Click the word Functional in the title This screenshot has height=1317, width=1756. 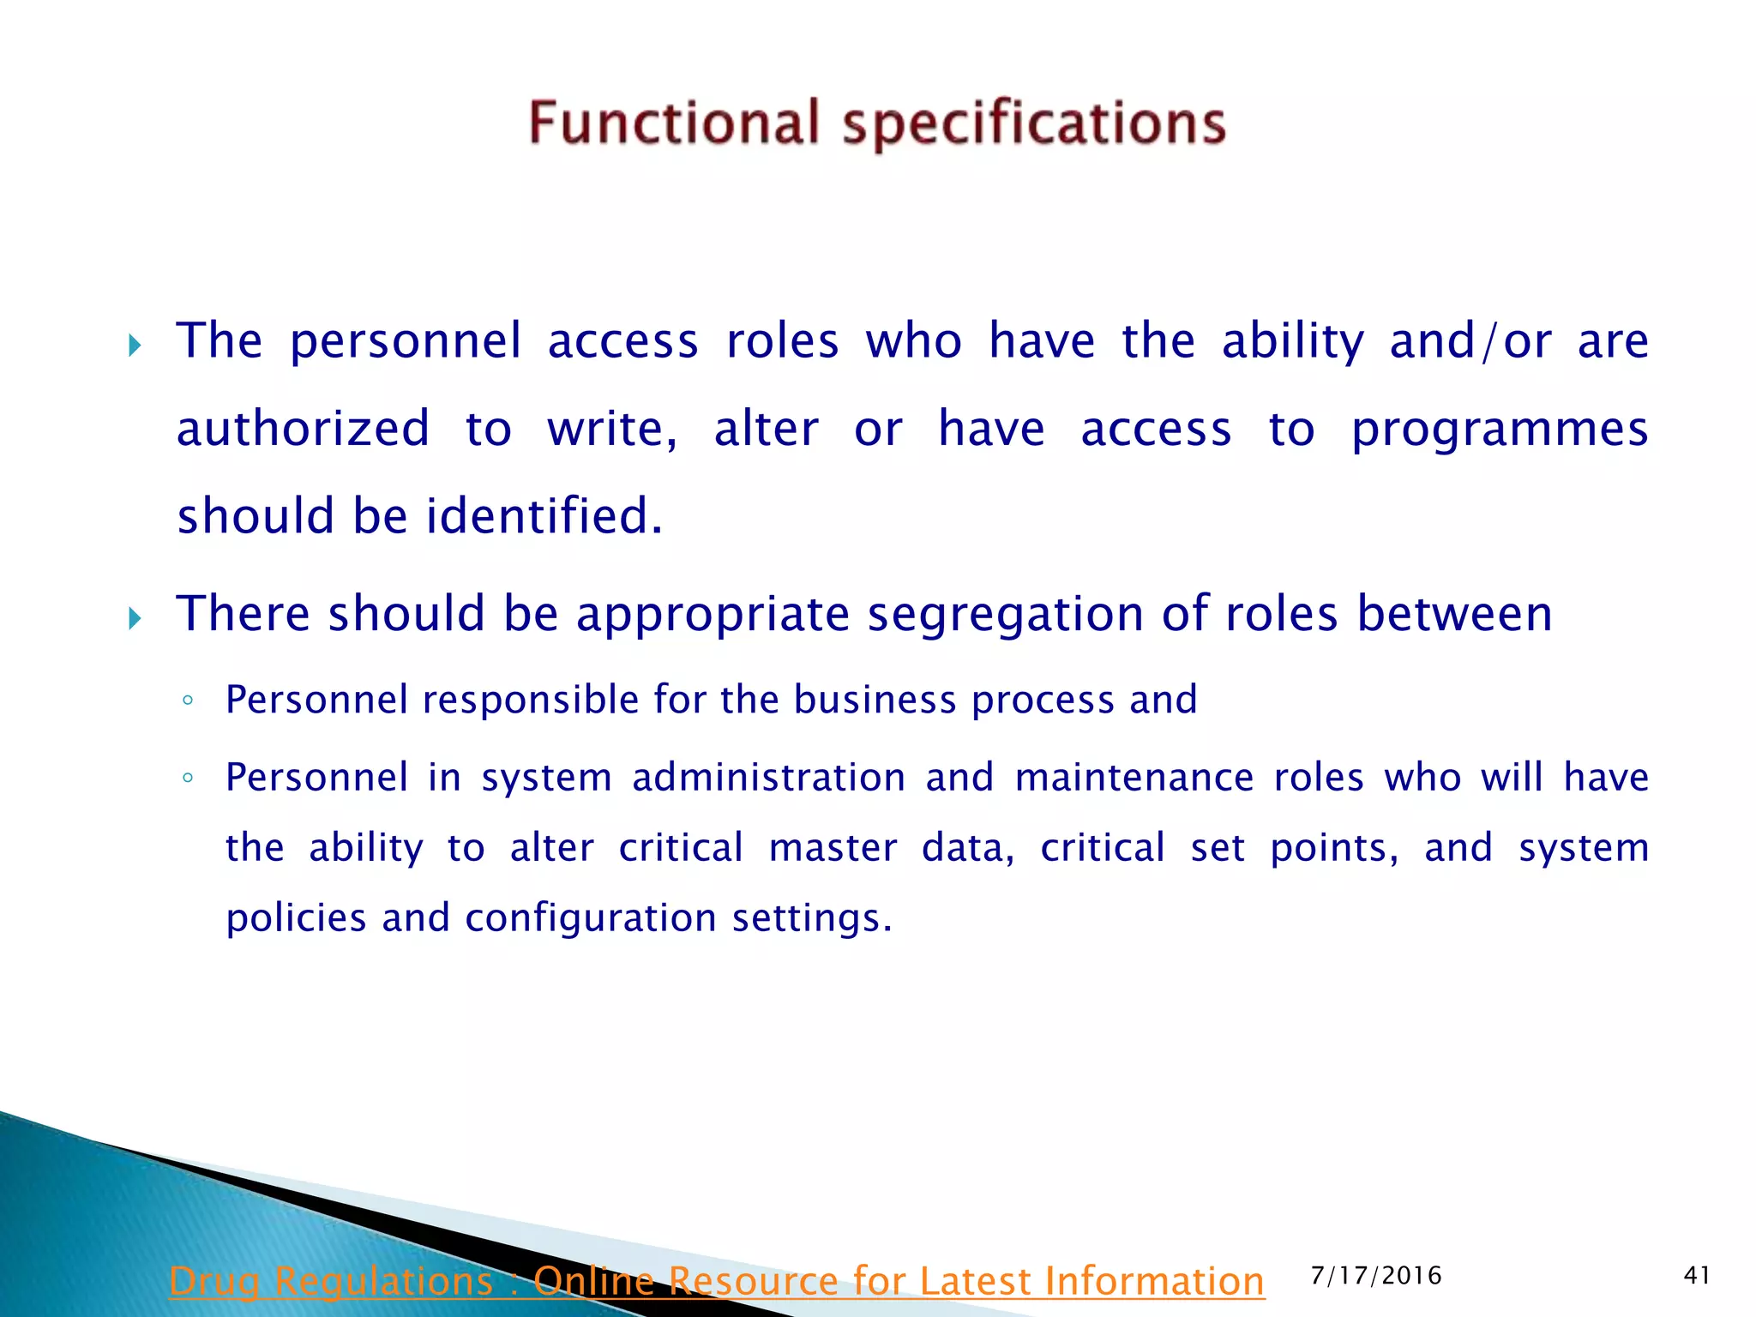[674, 123]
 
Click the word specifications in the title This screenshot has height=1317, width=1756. [1034, 124]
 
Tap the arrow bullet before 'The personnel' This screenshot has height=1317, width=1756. [135, 346]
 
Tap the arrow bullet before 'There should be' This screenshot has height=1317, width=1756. [135, 617]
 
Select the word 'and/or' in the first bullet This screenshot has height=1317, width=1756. [1470, 341]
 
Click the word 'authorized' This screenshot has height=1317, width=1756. [303, 429]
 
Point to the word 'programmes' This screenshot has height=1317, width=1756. [1500, 430]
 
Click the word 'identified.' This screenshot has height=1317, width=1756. [544, 516]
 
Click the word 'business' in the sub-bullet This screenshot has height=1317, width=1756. [874, 700]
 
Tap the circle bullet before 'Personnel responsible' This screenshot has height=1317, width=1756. [188, 701]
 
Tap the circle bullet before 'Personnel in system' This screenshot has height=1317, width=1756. [188, 779]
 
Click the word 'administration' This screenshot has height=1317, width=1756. [768, 778]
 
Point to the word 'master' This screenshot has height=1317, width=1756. [833, 848]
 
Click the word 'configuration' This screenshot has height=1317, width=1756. [590, 918]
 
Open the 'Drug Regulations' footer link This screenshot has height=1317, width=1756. [716, 1281]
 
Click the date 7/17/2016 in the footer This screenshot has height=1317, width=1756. [1376, 1276]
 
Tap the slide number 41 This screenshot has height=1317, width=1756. [1697, 1276]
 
